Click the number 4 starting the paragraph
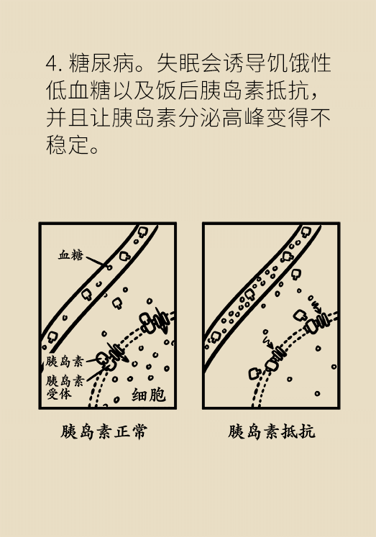pyautogui.click(x=50, y=63)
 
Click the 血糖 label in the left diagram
pyautogui.click(x=71, y=255)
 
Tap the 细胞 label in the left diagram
pyautogui.click(x=148, y=395)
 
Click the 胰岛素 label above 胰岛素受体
pyautogui.click(x=64, y=362)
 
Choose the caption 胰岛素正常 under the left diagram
pyautogui.click(x=105, y=432)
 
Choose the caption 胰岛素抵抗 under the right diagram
pyautogui.click(x=272, y=432)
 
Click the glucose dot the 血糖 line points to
pyautogui.click(x=109, y=267)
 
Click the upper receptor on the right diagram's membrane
pyautogui.click(x=316, y=323)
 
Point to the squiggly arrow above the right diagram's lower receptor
pyautogui.click(x=267, y=338)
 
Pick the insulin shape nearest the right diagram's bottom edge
pyautogui.click(x=254, y=374)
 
